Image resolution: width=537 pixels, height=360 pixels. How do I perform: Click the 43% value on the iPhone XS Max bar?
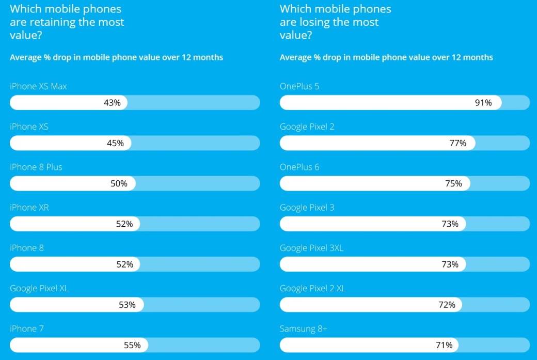click(x=112, y=103)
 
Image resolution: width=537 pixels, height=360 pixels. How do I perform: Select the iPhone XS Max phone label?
click(x=38, y=86)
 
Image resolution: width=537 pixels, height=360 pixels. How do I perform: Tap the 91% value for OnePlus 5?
click(x=483, y=103)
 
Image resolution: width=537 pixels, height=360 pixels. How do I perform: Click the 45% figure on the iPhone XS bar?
click(x=115, y=143)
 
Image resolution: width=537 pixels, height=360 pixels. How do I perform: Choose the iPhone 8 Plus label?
click(x=36, y=167)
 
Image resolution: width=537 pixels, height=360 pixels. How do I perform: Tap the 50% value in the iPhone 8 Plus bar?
click(x=119, y=183)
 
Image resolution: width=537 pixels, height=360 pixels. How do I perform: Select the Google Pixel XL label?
click(x=39, y=288)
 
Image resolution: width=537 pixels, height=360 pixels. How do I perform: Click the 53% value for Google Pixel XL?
click(x=127, y=305)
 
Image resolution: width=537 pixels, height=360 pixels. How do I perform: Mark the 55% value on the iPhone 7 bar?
click(x=132, y=345)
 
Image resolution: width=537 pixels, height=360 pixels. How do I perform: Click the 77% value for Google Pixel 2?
click(x=457, y=143)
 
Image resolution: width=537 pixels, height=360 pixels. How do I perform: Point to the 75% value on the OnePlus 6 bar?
click(x=453, y=183)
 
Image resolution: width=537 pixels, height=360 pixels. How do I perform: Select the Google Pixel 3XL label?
click(x=311, y=248)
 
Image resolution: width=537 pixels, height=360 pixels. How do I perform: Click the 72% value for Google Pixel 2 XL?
click(x=447, y=305)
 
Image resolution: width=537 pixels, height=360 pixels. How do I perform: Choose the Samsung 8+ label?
click(x=304, y=328)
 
